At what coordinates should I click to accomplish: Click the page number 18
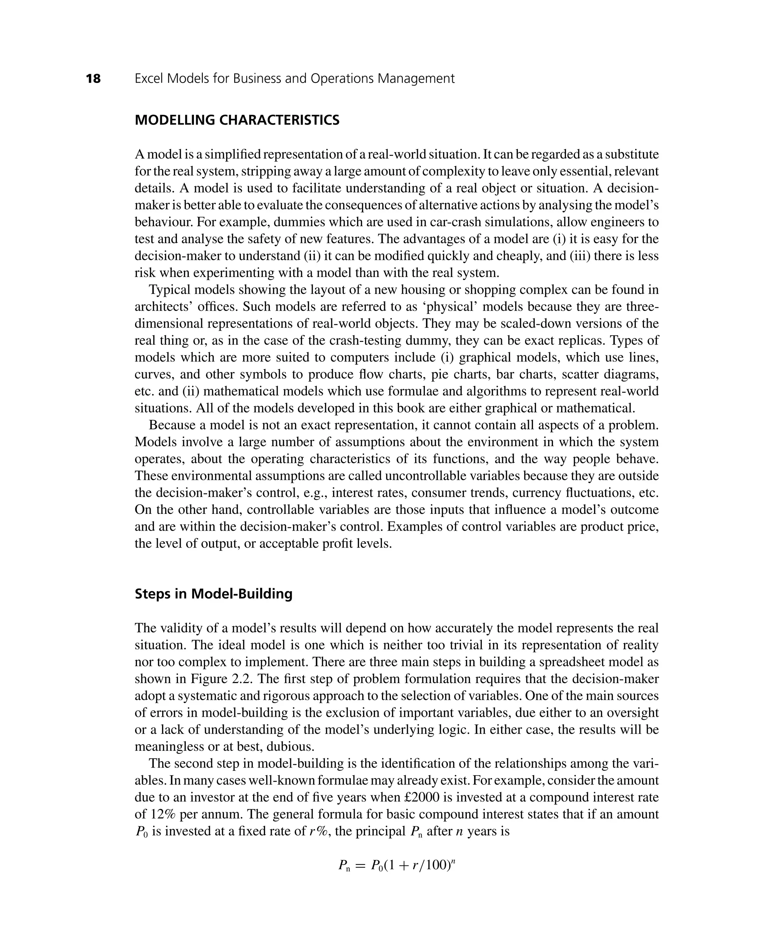(94, 79)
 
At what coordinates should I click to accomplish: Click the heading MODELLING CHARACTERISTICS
(237, 120)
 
